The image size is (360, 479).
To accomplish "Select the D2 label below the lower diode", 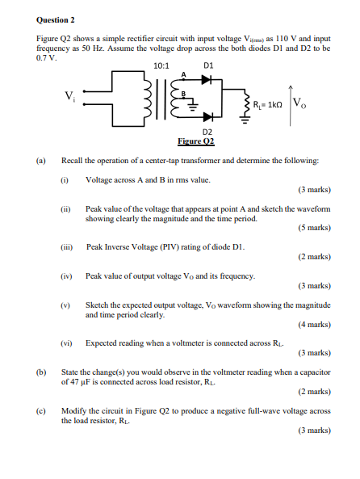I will click(207, 131).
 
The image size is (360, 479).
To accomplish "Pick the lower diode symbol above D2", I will click(207, 116).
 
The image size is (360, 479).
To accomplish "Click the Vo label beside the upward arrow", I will click(299, 103).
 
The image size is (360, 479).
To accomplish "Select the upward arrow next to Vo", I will click(287, 101).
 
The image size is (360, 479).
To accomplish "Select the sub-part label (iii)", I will click(69, 247).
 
